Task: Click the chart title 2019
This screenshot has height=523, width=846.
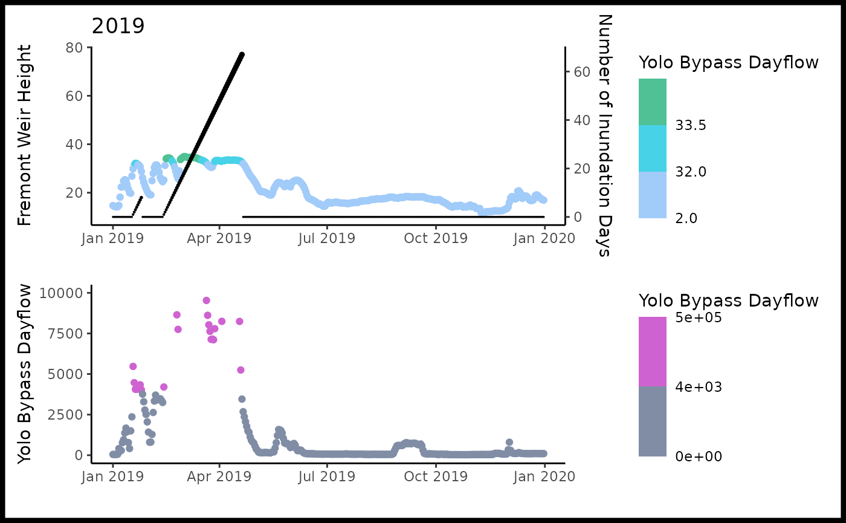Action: pos(118,26)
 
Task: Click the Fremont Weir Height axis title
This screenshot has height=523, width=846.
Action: pos(24,136)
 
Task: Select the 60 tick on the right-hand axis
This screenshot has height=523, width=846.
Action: pos(582,71)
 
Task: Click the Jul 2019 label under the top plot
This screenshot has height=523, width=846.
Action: pos(327,238)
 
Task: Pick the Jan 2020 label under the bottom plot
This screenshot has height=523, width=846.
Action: pos(544,476)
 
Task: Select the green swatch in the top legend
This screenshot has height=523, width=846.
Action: pos(653,102)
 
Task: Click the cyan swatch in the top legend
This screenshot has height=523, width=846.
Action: pos(653,148)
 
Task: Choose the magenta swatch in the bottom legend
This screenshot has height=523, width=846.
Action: pos(653,351)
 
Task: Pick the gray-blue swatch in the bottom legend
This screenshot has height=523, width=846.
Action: pos(653,421)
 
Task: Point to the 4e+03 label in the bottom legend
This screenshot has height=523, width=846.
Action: pos(698,387)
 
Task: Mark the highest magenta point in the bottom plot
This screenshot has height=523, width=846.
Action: pos(206,300)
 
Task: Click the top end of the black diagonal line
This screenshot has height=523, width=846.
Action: pos(242,54)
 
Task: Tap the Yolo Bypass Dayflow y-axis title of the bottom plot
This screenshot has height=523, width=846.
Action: pos(24,375)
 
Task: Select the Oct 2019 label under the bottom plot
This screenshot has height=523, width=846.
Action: pos(435,476)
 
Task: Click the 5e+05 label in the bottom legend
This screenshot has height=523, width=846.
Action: pos(698,317)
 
